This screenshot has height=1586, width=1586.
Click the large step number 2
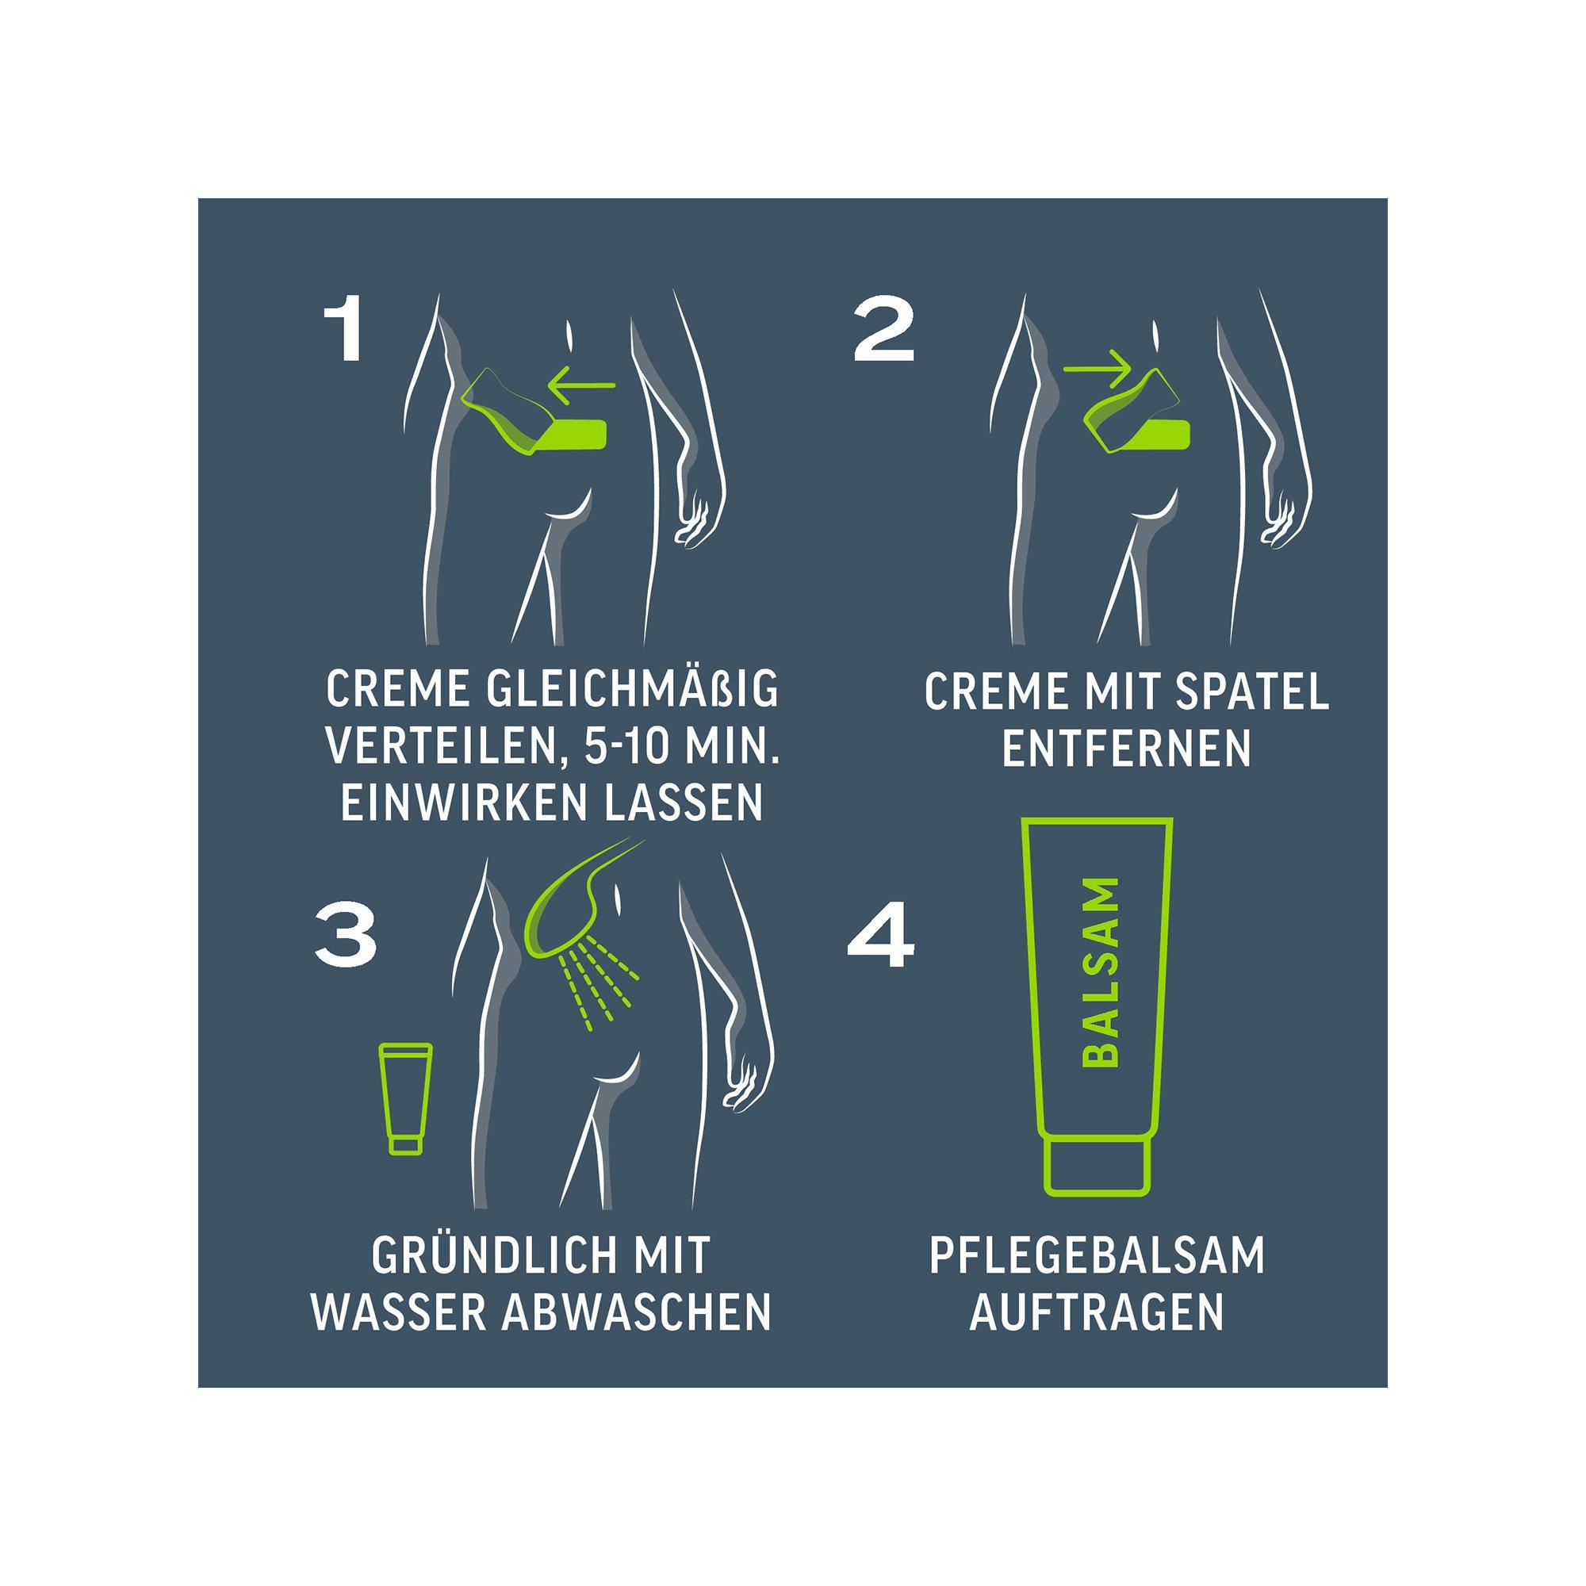883,334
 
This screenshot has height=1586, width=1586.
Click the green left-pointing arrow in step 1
582,383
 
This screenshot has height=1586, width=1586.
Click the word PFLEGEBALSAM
1097,1258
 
